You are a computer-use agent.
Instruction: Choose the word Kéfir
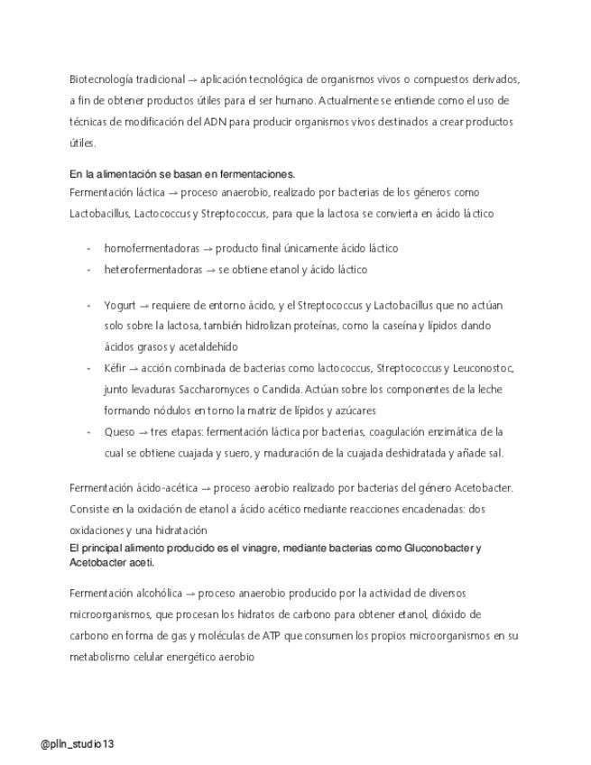click(115, 368)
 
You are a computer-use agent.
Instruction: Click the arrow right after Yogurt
click(143, 305)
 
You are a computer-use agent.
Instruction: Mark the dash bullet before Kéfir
click(88, 368)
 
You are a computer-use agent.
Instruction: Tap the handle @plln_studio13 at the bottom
click(78, 744)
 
